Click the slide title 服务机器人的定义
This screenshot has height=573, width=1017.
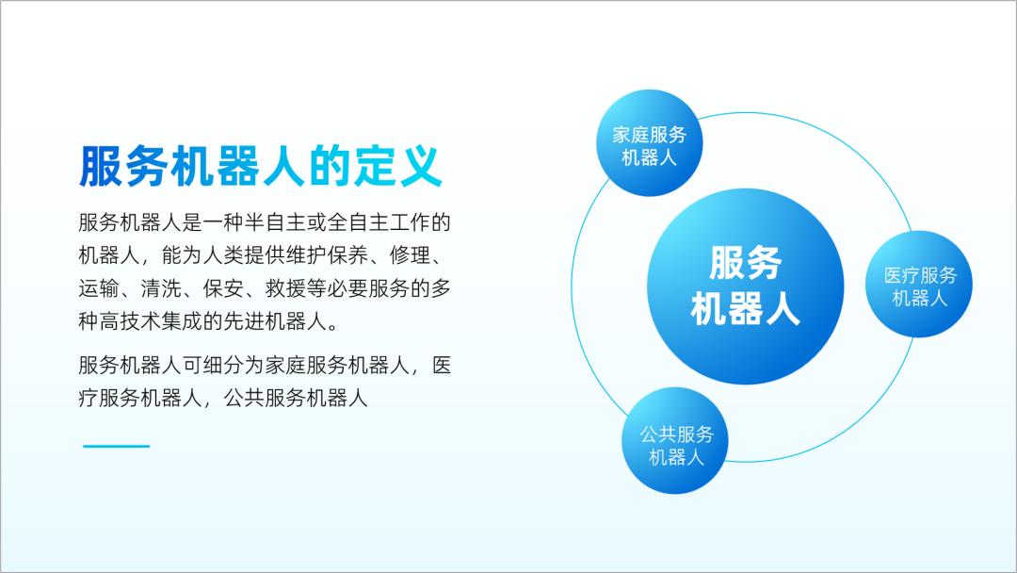(260, 167)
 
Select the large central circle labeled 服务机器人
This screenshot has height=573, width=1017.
(744, 286)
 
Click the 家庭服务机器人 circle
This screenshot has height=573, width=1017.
(649, 145)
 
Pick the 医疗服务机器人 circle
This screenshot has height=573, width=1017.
(919, 286)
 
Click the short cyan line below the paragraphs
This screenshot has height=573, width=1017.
(116, 446)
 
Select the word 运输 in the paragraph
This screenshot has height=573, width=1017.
(99, 288)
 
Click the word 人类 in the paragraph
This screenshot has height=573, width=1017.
(208, 255)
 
